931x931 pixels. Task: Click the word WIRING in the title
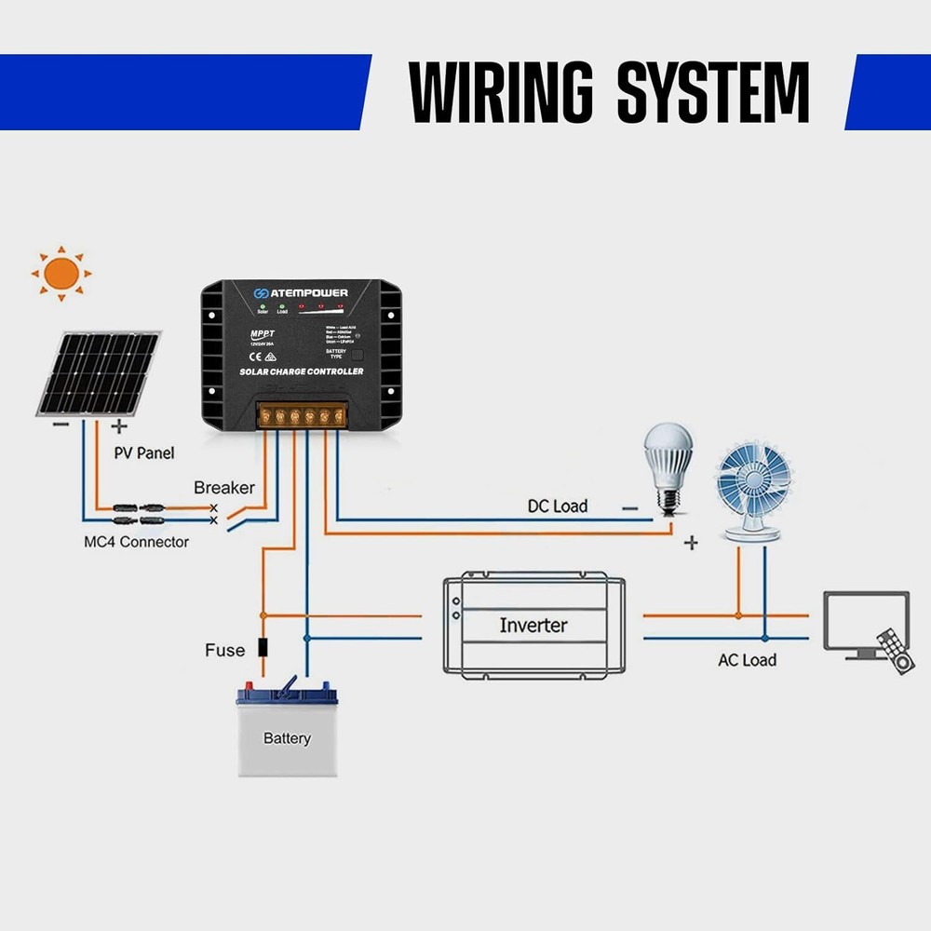tap(503, 93)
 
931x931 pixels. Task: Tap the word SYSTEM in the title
tap(712, 93)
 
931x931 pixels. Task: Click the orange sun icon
tap(61, 273)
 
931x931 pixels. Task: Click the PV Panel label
tap(144, 453)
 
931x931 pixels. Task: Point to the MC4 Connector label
tap(135, 542)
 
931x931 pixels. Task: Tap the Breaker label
tap(223, 488)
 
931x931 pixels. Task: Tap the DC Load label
tap(558, 506)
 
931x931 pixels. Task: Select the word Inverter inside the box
tap(533, 625)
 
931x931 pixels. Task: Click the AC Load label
tap(747, 660)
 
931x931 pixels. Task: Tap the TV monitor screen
tap(866, 619)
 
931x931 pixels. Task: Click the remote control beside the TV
tap(897, 652)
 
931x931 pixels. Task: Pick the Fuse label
tap(224, 650)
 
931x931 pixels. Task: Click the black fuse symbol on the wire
tap(263, 648)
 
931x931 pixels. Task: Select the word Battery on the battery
tap(286, 738)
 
